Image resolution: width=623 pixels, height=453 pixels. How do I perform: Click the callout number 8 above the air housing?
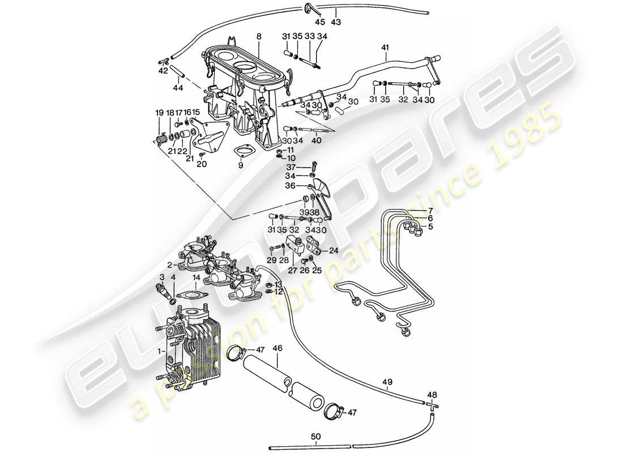(x=259, y=36)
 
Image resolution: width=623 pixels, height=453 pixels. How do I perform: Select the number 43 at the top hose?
(x=336, y=22)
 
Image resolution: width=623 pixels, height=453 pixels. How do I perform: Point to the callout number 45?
(x=320, y=22)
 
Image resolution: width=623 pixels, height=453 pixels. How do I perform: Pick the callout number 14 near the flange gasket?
(x=196, y=278)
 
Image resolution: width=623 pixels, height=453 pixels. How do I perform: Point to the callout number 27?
(x=293, y=270)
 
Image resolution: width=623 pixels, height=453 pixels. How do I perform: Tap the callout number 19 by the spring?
(x=158, y=113)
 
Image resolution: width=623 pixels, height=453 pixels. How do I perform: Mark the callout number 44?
(x=178, y=88)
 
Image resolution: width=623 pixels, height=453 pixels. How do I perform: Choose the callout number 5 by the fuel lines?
(x=430, y=227)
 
